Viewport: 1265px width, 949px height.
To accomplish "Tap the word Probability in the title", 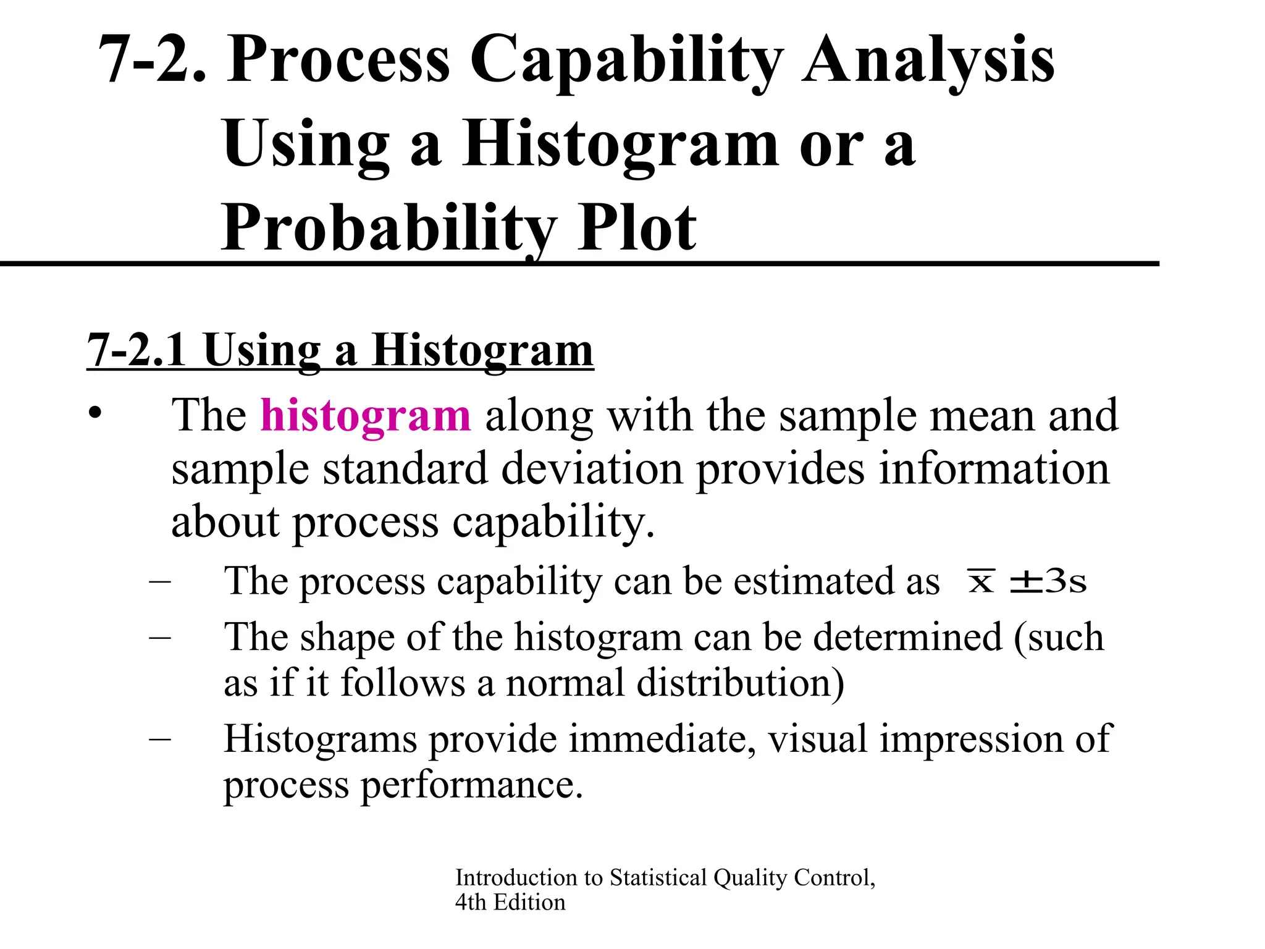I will (x=389, y=229).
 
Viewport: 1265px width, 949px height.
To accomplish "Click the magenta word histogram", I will (x=366, y=415).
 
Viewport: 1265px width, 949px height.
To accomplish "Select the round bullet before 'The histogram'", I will (x=94, y=413).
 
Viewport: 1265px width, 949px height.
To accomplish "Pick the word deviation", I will (x=592, y=468).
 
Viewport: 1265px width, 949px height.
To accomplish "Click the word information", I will (x=994, y=468).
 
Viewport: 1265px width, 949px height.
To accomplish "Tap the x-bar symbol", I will (x=981, y=581).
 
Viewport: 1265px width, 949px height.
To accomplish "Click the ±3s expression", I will (x=1048, y=581).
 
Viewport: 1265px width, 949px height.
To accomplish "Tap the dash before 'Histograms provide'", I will (x=160, y=739).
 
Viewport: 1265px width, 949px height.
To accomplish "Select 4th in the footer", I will (x=471, y=903).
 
